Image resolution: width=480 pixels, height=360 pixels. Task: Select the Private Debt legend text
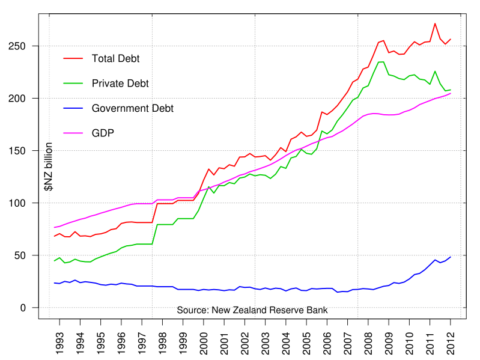pos(120,84)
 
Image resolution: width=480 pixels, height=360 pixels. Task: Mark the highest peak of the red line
pos(435,23)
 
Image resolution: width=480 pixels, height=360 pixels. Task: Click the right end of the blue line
pos(451,257)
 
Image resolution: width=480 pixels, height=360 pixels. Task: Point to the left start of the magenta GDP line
pos(54,227)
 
